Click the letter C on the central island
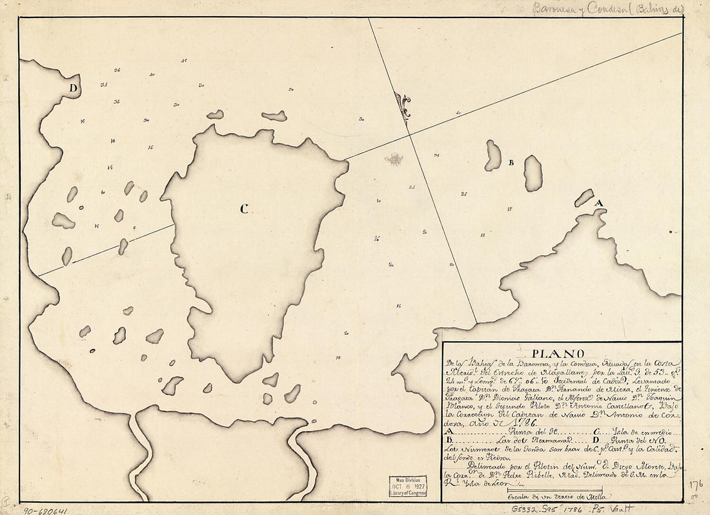pyautogui.click(x=243, y=209)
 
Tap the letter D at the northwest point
pyautogui.click(x=74, y=88)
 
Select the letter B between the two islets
pyautogui.click(x=510, y=163)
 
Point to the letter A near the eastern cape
pyautogui.click(x=598, y=204)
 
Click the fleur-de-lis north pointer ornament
pyautogui.click(x=403, y=106)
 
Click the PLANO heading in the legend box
pyautogui.click(x=557, y=353)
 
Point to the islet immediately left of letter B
pyautogui.click(x=493, y=156)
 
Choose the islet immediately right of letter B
pyautogui.click(x=533, y=173)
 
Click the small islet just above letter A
pyautogui.click(x=584, y=198)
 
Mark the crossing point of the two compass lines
pyautogui.click(x=408, y=134)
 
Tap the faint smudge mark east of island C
pyautogui.click(x=394, y=159)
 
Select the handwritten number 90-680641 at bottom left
pyautogui.click(x=41, y=510)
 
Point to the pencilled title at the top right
pyautogui.click(x=607, y=9)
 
